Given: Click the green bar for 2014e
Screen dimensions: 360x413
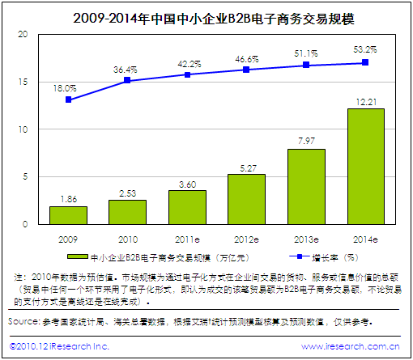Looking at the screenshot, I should (x=364, y=166).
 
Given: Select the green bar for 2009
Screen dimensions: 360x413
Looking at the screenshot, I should (x=68, y=214).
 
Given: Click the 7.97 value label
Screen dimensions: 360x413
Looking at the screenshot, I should (x=305, y=142).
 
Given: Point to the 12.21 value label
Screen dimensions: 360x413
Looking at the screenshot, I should (x=364, y=101).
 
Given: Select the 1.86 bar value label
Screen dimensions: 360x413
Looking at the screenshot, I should (x=68, y=198).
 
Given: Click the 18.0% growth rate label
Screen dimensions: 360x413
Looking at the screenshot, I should (x=68, y=87).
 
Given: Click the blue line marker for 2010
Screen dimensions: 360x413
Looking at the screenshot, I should (x=128, y=80).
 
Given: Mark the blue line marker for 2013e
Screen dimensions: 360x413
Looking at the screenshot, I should (x=305, y=65).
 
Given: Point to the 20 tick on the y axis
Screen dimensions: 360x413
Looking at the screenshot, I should (x=23, y=34).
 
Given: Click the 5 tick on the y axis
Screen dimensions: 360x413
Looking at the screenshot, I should (x=26, y=176).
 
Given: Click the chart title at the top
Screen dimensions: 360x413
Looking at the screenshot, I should (x=206, y=15).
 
